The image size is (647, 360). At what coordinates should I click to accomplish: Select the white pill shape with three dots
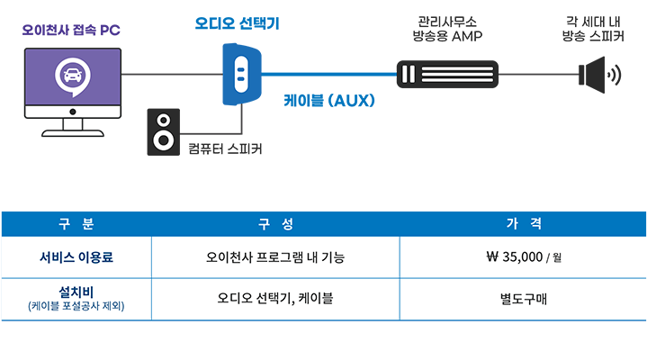240,76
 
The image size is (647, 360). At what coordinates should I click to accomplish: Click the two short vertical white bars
408,74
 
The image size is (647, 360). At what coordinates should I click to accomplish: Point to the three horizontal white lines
457,74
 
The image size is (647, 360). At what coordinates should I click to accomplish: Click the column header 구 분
76,223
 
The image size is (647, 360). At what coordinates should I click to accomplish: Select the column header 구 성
275,223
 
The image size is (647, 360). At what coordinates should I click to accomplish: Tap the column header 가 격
523,223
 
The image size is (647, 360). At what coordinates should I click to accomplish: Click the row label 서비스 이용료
76,257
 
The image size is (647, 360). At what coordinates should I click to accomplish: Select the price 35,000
521,257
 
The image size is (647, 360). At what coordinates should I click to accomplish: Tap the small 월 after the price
557,258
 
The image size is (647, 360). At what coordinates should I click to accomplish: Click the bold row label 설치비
76,291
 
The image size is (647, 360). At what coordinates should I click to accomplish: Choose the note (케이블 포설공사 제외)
76,306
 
